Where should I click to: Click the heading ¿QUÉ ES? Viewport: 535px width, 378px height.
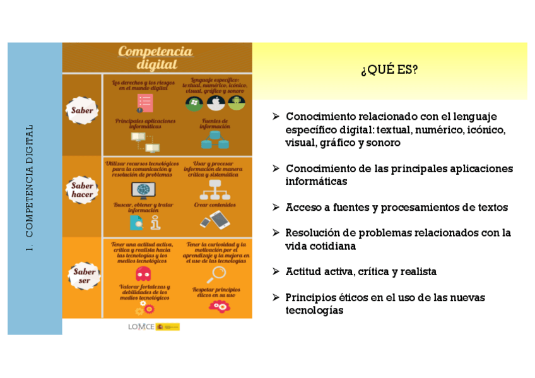(x=389, y=70)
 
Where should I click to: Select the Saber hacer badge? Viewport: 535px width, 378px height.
(x=82, y=190)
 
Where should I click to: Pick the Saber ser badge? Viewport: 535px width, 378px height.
(x=84, y=276)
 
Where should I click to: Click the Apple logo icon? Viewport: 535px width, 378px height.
(x=216, y=102)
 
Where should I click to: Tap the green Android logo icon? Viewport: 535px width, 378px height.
(x=237, y=102)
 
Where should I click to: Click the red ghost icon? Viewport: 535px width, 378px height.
(x=143, y=274)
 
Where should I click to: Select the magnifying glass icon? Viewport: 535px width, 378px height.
(x=218, y=273)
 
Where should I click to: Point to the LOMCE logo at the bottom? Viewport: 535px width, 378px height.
(x=154, y=326)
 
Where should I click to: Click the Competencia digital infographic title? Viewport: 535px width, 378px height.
(x=156, y=57)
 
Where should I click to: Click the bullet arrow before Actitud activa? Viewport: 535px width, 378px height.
(x=276, y=271)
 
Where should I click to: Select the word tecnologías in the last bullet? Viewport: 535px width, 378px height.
(x=314, y=310)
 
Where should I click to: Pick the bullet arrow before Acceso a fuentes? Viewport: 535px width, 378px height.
(x=276, y=207)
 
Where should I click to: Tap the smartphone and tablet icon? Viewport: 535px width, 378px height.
(x=215, y=220)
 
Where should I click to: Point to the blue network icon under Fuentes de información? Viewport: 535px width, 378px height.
(x=215, y=141)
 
